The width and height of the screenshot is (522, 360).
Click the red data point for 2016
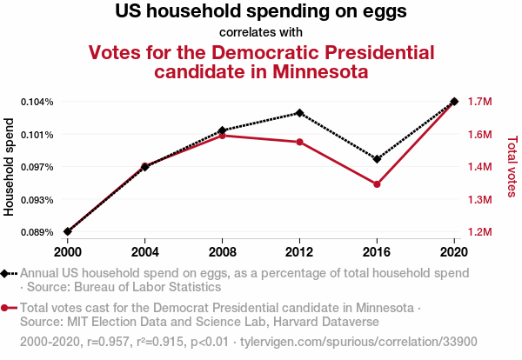(x=377, y=184)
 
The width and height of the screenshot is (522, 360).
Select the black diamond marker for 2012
(x=299, y=113)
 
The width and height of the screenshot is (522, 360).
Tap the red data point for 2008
(x=223, y=136)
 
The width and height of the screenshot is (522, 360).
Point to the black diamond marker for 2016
(x=377, y=159)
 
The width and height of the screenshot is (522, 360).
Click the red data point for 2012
(x=299, y=142)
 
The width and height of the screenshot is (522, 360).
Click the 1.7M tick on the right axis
(x=480, y=102)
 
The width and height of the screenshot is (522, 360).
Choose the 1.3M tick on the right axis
(x=480, y=200)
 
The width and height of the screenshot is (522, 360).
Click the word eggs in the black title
(x=385, y=13)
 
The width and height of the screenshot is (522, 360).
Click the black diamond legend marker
(x=6, y=272)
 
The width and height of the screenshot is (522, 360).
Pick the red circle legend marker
(x=6, y=308)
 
